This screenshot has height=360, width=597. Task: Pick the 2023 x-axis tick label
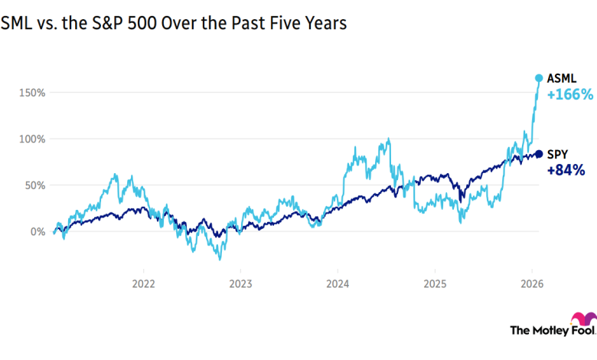click(x=240, y=283)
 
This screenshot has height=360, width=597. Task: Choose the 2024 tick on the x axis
click(x=337, y=283)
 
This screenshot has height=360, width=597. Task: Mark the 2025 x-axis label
click(x=434, y=283)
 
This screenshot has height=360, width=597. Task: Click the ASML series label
click(x=563, y=78)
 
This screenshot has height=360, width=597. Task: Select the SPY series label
click(x=558, y=154)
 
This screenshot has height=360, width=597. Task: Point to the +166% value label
click(x=570, y=95)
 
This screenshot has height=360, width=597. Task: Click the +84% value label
click(x=566, y=170)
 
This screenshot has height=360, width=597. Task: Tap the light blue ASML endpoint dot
click(x=539, y=78)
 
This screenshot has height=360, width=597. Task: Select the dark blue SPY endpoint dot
click(x=539, y=154)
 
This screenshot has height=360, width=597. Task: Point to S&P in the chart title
click(x=92, y=25)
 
